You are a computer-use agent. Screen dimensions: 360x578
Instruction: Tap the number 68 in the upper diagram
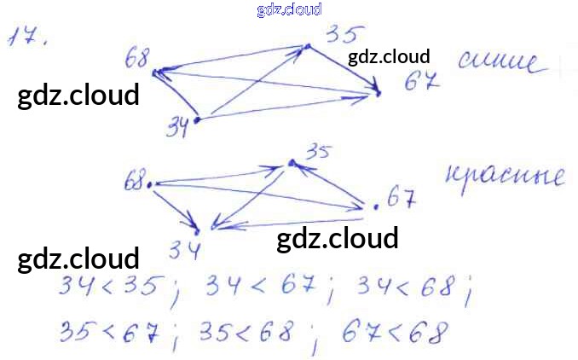click(x=136, y=59)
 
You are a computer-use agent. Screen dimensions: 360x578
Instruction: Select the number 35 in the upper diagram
click(x=344, y=35)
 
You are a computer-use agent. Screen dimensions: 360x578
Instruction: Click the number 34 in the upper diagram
click(x=177, y=128)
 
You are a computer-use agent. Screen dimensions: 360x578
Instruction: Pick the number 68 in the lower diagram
click(x=134, y=182)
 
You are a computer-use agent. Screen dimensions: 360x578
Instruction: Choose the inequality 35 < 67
click(x=110, y=332)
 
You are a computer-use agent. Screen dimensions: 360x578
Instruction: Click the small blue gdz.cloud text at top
click(x=288, y=9)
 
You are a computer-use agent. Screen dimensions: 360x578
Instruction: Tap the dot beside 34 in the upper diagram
click(x=196, y=120)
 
